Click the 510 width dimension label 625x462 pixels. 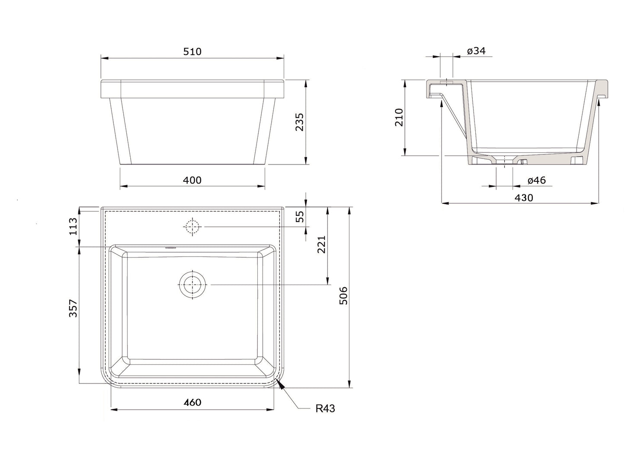click(x=192, y=51)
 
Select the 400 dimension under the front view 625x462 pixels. click(x=192, y=180)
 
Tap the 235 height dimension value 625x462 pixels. click(x=299, y=122)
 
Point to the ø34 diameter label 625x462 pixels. click(x=476, y=51)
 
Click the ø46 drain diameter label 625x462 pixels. click(x=536, y=180)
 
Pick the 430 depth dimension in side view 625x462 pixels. click(x=523, y=197)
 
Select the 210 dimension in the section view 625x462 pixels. click(x=398, y=117)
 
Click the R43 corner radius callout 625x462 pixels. click(x=325, y=408)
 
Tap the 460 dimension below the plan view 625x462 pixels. click(x=192, y=402)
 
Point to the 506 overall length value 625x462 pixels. click(x=343, y=296)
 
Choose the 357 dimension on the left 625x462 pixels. click(x=73, y=309)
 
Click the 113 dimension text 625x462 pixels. click(x=73, y=226)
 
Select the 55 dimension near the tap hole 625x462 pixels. click(x=299, y=216)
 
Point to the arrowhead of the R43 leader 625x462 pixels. click(x=282, y=387)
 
